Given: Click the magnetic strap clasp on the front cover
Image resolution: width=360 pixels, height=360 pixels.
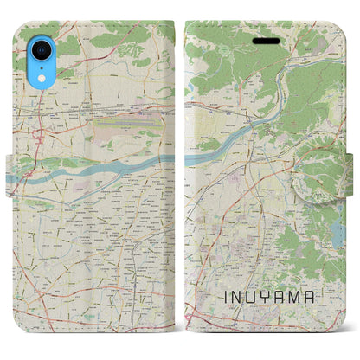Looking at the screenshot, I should (x=336, y=174).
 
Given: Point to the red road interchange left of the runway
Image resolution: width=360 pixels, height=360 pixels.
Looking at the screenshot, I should (x=38, y=136).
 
